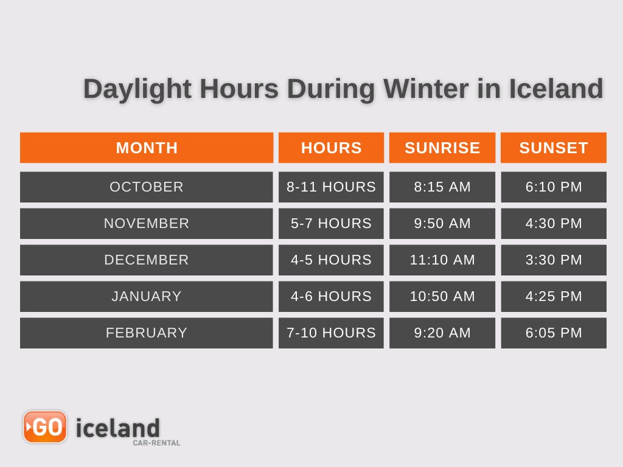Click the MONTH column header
pos(147,148)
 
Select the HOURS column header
pos(331,148)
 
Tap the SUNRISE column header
pos(442,148)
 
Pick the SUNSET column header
pos(554,148)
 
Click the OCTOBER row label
pos(147,187)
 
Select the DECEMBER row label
pos(147,260)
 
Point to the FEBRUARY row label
pos(147,333)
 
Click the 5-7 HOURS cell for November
pos(331,223)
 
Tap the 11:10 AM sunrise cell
pos(442,260)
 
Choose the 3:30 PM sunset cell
pos(554,260)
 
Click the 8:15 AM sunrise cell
pos(442,187)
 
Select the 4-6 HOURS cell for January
pos(331,296)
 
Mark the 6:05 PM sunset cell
pos(554,333)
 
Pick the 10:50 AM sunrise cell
pos(442,296)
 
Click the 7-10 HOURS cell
pos(331,333)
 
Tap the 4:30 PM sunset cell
pos(554,223)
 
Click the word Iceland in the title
pos(555,89)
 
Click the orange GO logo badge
pos(45,427)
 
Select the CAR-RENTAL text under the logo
pos(156,443)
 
